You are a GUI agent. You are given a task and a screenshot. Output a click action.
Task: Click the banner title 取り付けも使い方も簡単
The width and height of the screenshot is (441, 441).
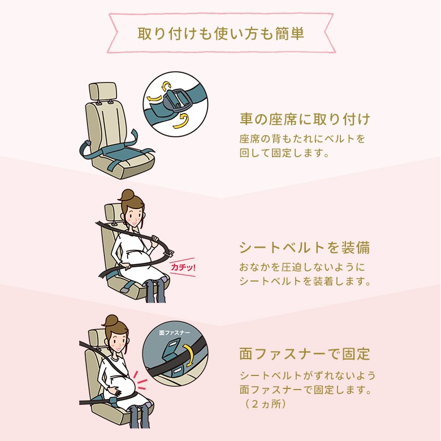221,33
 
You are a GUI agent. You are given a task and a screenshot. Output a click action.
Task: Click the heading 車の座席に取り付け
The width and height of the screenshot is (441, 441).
305,120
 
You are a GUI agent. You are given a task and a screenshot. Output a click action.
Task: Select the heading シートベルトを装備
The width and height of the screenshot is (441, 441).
305,248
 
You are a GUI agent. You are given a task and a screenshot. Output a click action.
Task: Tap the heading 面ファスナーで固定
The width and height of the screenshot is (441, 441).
305,354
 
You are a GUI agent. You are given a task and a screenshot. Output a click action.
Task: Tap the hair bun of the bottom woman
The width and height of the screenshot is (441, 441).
111,320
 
